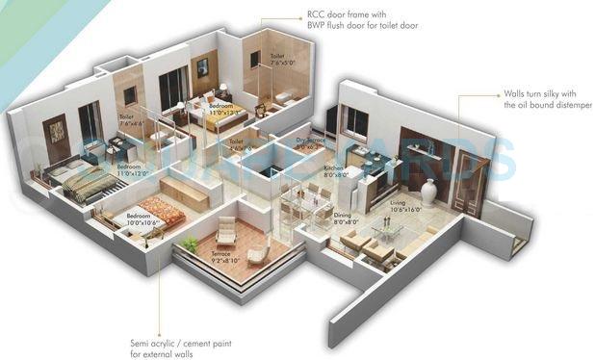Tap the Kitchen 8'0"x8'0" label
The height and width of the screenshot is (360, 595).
click(x=335, y=171)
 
